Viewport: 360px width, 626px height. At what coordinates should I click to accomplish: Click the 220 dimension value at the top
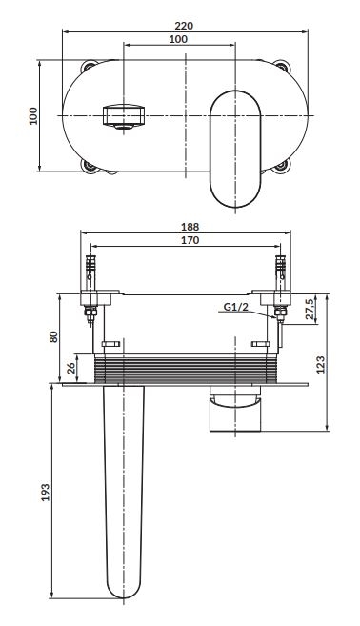(184, 26)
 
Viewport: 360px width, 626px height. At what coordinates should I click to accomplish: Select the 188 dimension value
(190, 227)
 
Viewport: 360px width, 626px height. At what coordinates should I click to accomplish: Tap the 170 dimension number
(190, 240)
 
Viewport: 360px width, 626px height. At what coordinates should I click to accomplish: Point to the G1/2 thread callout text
(235, 307)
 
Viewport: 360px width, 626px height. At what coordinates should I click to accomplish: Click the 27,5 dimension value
(310, 309)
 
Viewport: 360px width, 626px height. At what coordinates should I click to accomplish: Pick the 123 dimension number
(321, 365)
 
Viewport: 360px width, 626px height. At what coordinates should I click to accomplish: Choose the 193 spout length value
(46, 493)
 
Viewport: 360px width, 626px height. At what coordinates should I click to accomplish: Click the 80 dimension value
(54, 336)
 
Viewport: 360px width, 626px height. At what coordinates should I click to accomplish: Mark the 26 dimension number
(71, 367)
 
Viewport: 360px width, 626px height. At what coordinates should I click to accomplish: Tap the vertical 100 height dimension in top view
(33, 116)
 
